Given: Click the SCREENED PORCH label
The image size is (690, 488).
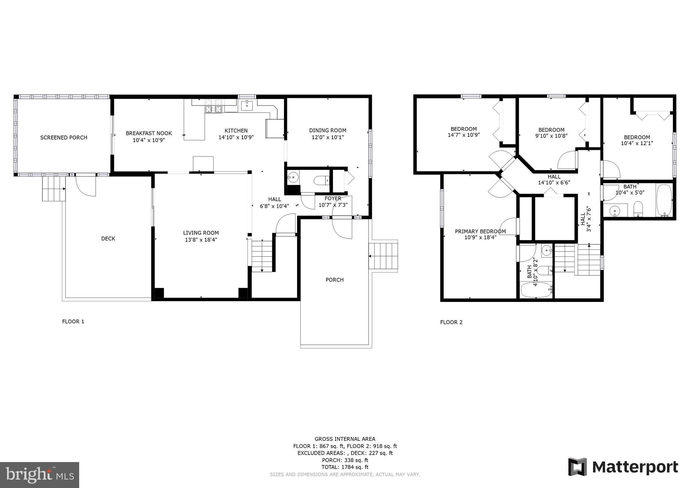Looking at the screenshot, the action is click(x=64, y=138).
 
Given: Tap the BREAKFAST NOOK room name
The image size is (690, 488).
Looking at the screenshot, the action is click(x=149, y=133).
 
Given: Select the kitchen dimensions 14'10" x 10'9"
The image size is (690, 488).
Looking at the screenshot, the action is click(x=236, y=138).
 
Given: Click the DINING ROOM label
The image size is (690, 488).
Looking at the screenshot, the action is click(x=327, y=130).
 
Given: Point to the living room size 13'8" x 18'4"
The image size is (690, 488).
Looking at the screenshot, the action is click(x=201, y=240).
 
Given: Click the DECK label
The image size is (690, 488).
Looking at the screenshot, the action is click(x=108, y=239).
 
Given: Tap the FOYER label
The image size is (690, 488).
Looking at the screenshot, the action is click(x=333, y=198).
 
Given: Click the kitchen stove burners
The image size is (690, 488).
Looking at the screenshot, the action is click(x=214, y=109).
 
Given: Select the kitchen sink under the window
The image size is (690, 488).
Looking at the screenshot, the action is click(x=247, y=105).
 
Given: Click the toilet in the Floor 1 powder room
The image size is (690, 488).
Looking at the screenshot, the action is click(x=321, y=181).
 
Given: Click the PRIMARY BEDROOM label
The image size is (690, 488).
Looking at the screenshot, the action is click(x=480, y=231).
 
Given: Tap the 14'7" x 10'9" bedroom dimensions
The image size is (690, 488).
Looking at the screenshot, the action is click(x=464, y=135).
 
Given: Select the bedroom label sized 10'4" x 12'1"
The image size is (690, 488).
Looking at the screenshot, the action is click(x=637, y=137).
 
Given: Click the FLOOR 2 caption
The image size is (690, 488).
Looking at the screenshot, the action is click(x=451, y=322).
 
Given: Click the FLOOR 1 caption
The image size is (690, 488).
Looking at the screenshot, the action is click(x=73, y=322).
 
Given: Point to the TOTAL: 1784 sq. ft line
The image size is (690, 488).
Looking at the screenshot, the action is click(x=345, y=467).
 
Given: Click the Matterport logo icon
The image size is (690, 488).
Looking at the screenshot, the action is click(x=577, y=467).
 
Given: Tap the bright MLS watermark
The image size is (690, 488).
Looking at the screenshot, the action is click(x=39, y=475).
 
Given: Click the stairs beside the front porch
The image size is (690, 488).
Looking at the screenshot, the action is click(x=383, y=256).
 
